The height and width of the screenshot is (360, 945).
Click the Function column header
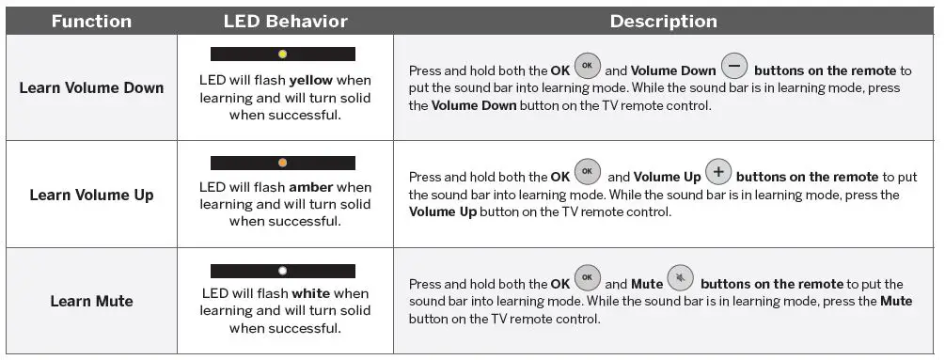[x=91, y=22]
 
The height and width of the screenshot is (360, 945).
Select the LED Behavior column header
[x=286, y=22]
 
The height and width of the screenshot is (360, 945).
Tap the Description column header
[x=664, y=22]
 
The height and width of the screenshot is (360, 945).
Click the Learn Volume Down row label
[x=91, y=88]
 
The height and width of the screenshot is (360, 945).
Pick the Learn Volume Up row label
[x=91, y=196]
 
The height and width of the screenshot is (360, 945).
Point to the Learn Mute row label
[x=91, y=301]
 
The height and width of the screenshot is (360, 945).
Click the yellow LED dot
[x=283, y=55]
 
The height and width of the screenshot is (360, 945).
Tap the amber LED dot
[x=283, y=163]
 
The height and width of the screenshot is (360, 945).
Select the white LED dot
[x=283, y=271]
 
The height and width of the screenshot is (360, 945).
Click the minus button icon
[x=734, y=66]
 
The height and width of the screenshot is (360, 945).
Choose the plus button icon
[x=717, y=172]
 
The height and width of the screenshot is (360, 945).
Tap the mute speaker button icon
[x=681, y=278]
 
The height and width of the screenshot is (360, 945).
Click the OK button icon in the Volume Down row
[x=587, y=66]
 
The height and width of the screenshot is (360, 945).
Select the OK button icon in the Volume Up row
[x=587, y=172]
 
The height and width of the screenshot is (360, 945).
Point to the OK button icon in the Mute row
[x=587, y=278]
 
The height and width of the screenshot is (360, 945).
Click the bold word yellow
[x=311, y=81]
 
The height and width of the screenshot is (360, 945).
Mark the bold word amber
[x=311, y=187]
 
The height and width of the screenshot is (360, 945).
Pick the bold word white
[x=311, y=294]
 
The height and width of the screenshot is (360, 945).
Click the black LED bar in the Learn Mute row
[x=283, y=271]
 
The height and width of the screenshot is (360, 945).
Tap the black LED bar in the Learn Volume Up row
[x=283, y=163]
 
